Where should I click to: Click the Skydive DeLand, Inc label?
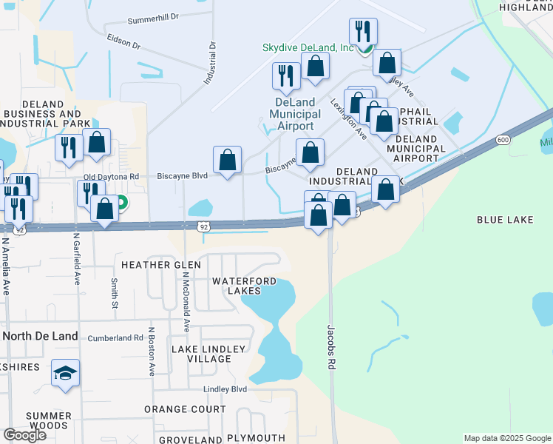(x=308, y=47)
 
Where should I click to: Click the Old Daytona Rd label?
(x=111, y=177)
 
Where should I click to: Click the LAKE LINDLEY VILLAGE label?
(x=201, y=354)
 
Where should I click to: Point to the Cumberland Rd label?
(x=115, y=337)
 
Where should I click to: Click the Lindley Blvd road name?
(x=225, y=389)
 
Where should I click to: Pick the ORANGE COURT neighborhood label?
(x=185, y=409)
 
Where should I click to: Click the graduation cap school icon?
(x=65, y=373)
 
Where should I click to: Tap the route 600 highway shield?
(x=503, y=140)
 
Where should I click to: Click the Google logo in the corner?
(x=24, y=435)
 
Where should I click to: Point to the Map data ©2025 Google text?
(x=506, y=438)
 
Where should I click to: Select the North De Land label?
(x=40, y=336)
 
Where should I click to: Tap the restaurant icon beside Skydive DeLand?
(x=363, y=31)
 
